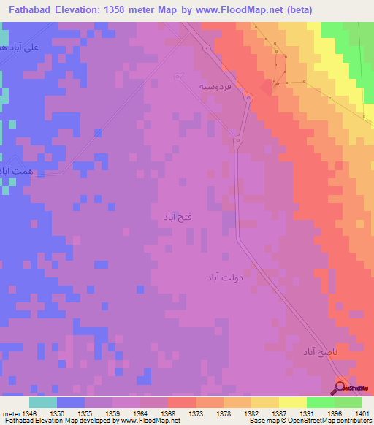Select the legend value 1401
click(362, 413)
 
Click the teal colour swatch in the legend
click(42, 402)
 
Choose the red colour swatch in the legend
click(180, 402)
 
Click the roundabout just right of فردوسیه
click(248, 99)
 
